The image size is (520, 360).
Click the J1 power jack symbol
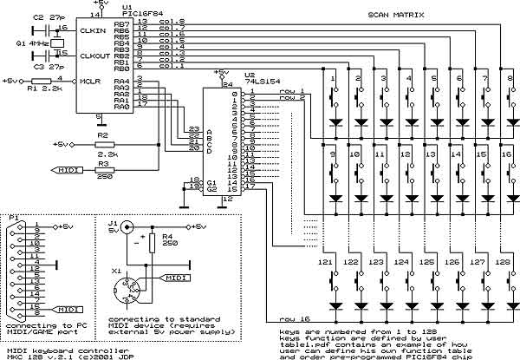[127, 229]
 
